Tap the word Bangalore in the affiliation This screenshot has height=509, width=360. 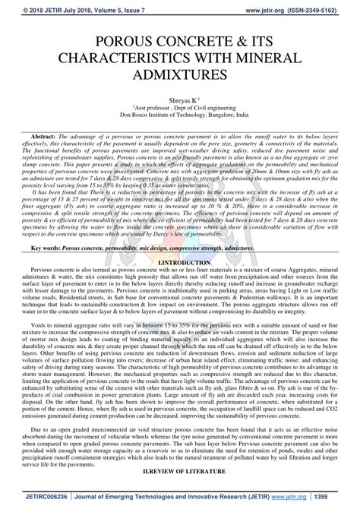(215, 117)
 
